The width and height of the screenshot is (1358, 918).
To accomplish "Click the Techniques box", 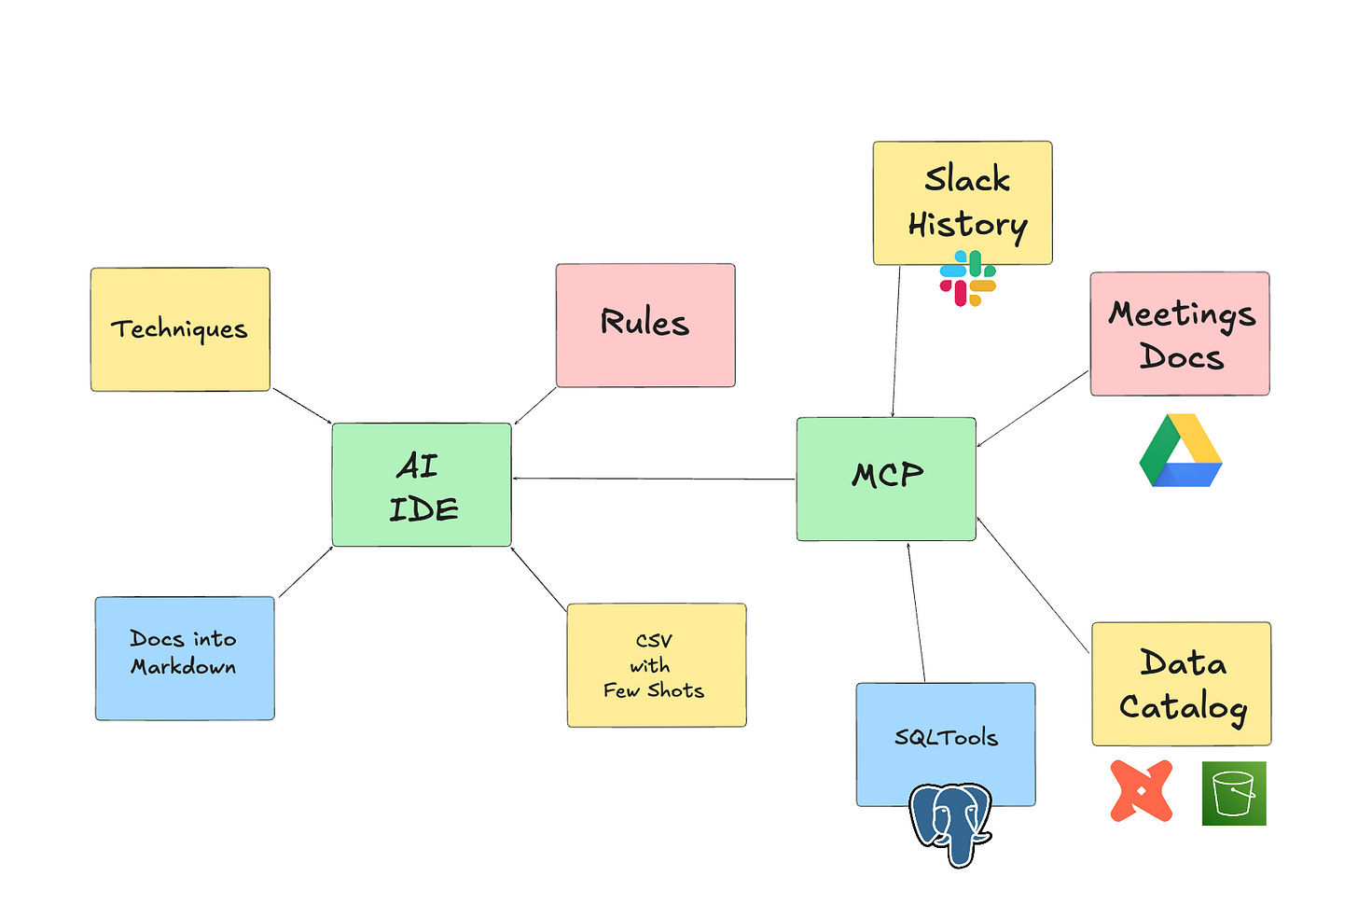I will (180, 329).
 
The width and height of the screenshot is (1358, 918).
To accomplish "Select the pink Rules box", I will (645, 325).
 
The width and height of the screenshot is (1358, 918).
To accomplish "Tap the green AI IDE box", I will (422, 484).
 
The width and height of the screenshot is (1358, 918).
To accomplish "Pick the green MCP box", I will (886, 479).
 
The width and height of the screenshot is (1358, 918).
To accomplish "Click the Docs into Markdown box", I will (185, 658).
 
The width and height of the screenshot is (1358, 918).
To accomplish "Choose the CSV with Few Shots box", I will (657, 664).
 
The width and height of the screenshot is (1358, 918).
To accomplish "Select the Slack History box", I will (963, 202).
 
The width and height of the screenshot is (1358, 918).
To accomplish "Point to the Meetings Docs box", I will (1180, 333).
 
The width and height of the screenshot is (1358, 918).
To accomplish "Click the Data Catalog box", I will (1182, 683).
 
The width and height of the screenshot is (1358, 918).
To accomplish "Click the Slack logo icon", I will (968, 279).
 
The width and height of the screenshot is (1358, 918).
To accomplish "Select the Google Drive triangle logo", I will (1181, 452).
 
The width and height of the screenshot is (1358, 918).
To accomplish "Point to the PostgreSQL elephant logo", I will (950, 823).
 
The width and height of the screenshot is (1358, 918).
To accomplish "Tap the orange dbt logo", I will (1142, 791).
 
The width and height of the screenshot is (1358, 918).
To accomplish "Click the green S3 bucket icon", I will (1234, 793).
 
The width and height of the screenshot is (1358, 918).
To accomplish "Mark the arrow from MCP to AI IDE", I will (653, 479).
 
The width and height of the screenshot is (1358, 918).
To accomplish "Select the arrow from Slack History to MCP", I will (896, 341).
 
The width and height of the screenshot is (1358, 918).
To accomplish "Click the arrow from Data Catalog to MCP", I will (1032, 584).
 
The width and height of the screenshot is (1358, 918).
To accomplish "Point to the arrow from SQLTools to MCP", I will (916, 612).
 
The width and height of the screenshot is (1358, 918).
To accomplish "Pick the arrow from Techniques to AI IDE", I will (302, 406).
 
